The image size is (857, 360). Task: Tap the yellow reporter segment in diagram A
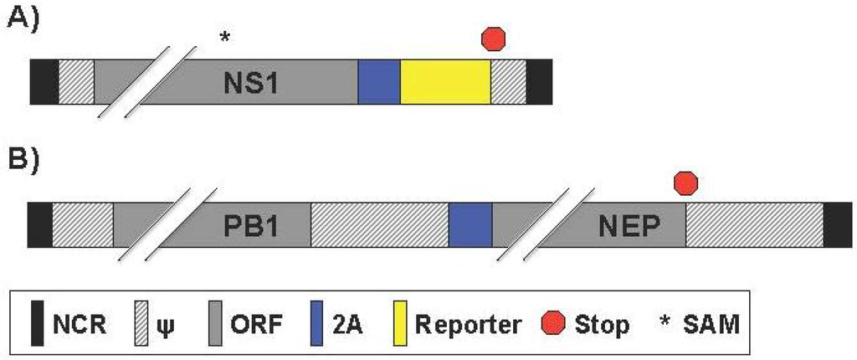[x=445, y=82]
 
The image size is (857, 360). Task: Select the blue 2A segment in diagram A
[x=379, y=82]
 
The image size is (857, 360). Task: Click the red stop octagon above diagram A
[x=494, y=39]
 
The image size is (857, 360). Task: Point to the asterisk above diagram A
[x=223, y=37]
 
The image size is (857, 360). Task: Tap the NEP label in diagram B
[x=630, y=226]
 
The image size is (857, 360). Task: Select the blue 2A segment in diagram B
[x=470, y=225]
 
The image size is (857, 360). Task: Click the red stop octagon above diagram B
[x=686, y=182]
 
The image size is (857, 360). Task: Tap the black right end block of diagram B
[x=837, y=225]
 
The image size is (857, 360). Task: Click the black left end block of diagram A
[x=44, y=82]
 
